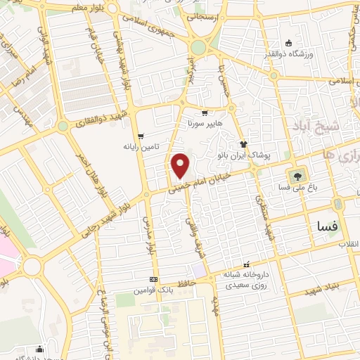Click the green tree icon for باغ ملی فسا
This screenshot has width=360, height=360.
[296, 175]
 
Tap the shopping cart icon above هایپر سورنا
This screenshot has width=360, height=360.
[204, 112]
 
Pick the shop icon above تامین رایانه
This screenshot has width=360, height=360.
[141, 136]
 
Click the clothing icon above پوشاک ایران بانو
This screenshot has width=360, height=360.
[244, 143]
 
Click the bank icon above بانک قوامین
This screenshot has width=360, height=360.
[153, 279]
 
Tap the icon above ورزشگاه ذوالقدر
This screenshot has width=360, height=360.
[288, 42]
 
